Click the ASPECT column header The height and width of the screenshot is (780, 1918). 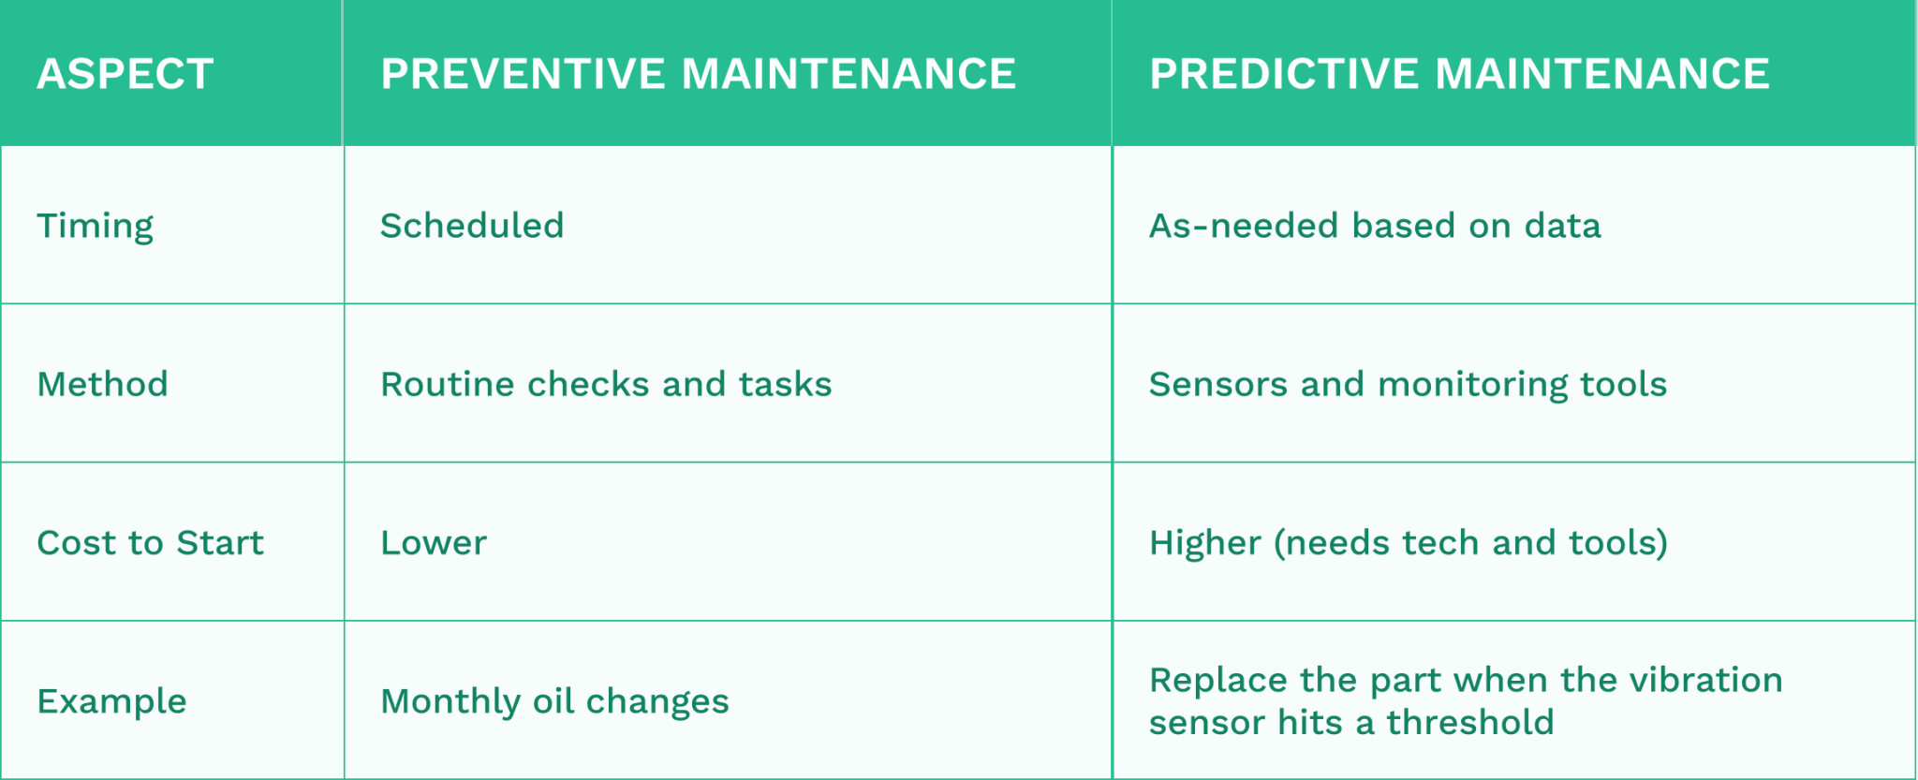pos(125,74)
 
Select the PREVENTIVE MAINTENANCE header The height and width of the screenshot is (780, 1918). pos(698,74)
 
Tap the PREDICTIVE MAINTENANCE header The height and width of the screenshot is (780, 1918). pos(1459,74)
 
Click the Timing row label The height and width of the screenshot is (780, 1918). pos(95,227)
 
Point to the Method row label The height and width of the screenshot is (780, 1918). pos(102,384)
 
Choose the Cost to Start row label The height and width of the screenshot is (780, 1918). pos(150,543)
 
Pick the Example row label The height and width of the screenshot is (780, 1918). pos(111,701)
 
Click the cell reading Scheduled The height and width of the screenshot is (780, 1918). pos(472,226)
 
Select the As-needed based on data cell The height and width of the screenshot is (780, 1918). pos(1375,226)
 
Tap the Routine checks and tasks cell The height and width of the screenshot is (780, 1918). pos(606,384)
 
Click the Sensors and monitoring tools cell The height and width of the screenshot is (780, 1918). pos(1408,384)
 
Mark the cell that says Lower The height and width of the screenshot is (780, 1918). pos(434,543)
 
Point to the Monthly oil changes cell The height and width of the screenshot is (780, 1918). pos(554,701)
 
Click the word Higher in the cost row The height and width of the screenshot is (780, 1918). pos(1204,543)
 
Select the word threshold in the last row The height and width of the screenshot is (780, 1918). pos(1469,723)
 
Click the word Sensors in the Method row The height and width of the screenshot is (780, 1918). pos(1217,384)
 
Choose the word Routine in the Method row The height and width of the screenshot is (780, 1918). pos(447,384)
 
